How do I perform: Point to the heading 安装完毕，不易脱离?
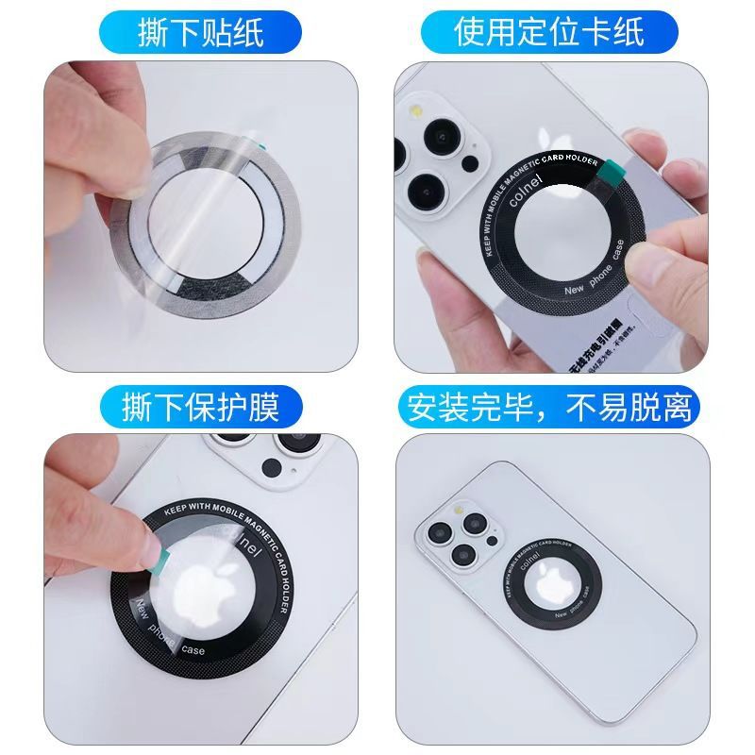pyautogui.click(x=549, y=408)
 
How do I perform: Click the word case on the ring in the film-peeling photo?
pyautogui.click(x=193, y=650)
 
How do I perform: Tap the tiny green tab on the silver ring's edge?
pyautogui.click(x=260, y=143)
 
